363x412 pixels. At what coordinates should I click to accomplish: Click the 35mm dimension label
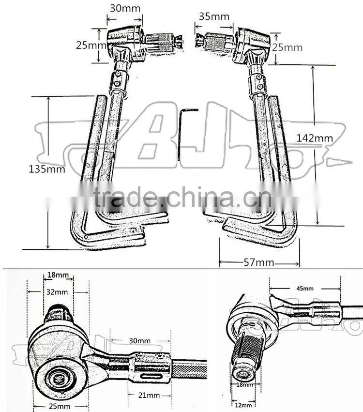(214, 16)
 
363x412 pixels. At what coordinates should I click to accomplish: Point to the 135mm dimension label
(46, 169)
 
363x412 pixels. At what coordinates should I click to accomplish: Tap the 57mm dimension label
(258, 263)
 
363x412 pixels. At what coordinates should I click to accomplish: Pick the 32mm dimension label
(58, 292)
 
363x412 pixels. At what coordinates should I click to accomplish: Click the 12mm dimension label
(242, 405)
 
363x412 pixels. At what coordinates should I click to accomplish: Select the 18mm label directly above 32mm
(58, 275)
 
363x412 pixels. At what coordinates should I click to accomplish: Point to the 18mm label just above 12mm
(244, 385)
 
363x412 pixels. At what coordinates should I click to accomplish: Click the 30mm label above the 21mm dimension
(140, 341)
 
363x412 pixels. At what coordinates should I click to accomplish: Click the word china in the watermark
(203, 199)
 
